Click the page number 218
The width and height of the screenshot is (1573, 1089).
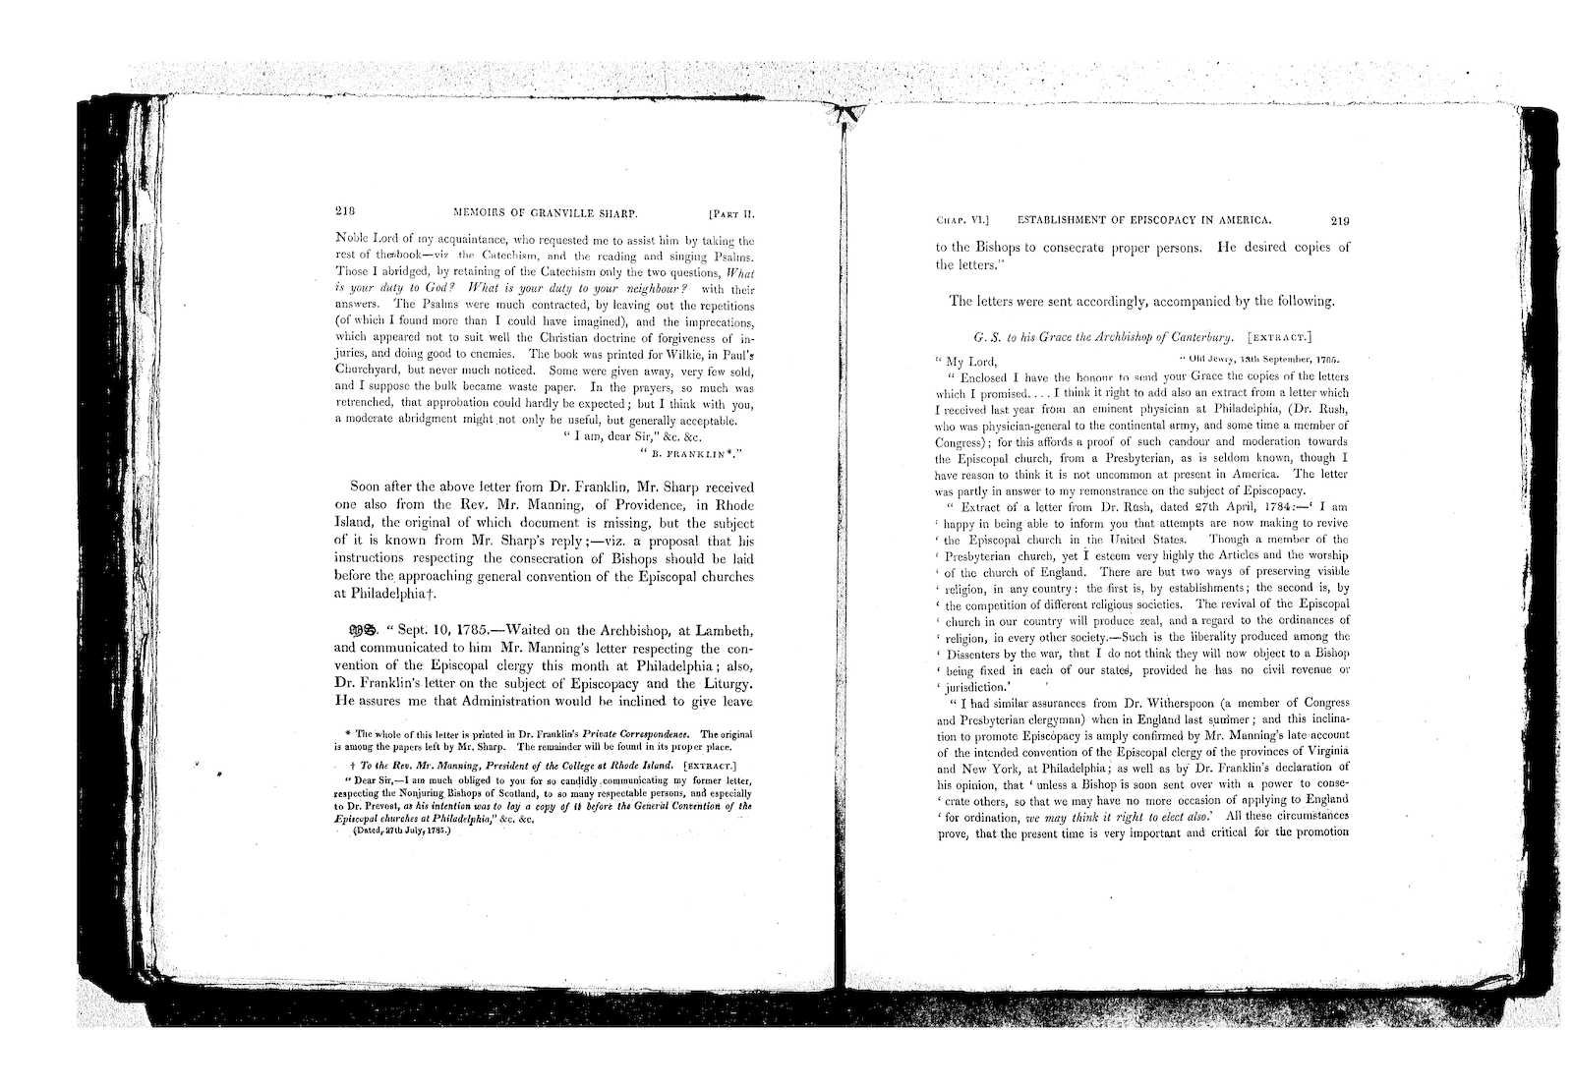[x=344, y=210]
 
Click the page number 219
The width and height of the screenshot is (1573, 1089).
[x=1339, y=220]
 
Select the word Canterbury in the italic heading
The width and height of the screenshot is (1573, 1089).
[x=1198, y=335]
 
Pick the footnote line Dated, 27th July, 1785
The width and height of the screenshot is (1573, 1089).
[x=399, y=830]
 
